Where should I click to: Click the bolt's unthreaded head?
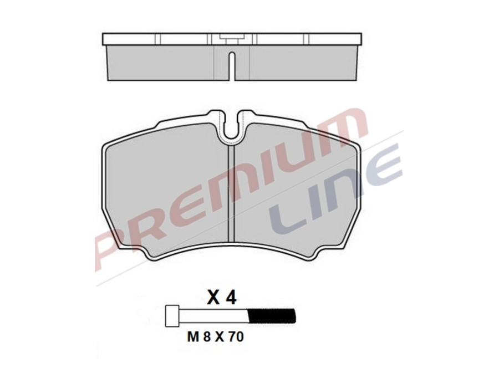point(173,315)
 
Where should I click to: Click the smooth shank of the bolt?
point(213,315)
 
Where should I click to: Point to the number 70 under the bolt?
point(236,337)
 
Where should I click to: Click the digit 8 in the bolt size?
point(207,337)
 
